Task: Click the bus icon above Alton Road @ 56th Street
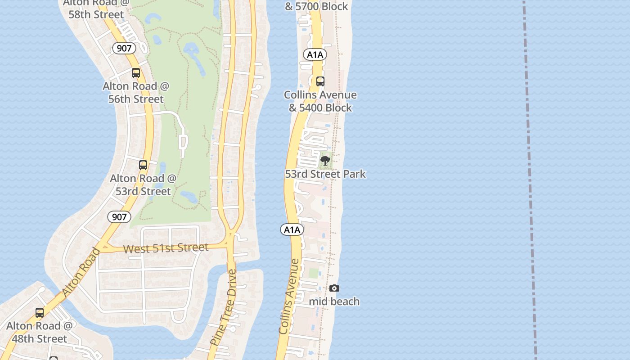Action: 135,73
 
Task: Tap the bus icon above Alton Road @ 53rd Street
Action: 143,165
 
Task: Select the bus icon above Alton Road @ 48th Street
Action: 40,313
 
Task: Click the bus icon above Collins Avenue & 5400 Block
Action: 320,81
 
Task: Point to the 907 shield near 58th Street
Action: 124,48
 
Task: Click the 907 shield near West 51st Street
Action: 119,217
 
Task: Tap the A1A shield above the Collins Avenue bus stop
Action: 315,55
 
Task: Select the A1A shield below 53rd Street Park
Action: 292,230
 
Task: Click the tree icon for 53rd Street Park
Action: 325,161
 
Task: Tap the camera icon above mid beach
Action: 334,288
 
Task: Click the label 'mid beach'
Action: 334,301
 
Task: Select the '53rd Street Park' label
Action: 325,174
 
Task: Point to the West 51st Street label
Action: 166,248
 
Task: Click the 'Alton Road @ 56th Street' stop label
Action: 136,92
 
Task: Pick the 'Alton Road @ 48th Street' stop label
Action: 40,332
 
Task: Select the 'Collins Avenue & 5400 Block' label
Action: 320,101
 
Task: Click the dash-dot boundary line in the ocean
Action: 530,180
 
